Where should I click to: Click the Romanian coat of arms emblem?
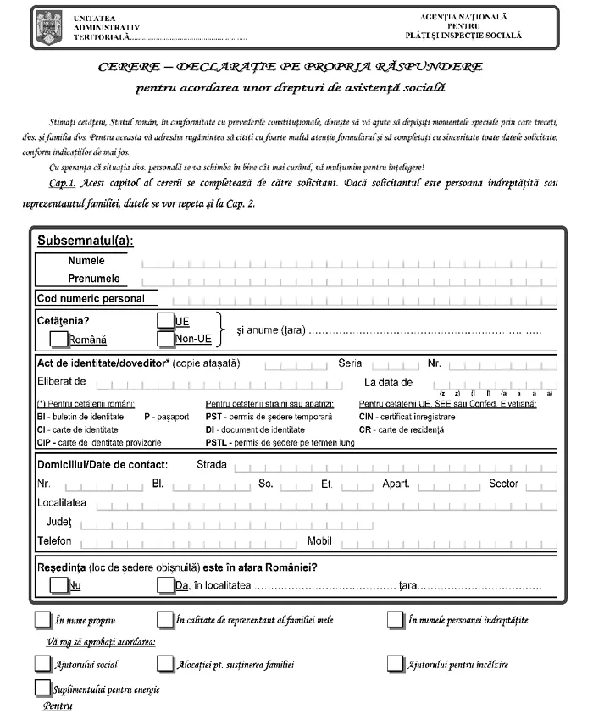tap(46, 28)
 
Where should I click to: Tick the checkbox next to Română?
tap(59, 339)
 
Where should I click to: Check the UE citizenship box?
tap(166, 321)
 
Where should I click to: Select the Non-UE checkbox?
tap(166, 339)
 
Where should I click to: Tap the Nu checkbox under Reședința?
tap(59, 584)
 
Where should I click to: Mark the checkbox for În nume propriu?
tap(42, 619)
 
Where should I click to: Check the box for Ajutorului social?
tap(42, 663)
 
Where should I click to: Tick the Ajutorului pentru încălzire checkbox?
tap(396, 663)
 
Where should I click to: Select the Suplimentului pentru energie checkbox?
tap(42, 687)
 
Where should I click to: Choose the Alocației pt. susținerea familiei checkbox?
tap(166, 663)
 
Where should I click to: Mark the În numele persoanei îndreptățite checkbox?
tap(396, 619)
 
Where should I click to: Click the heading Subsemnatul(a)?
tap(85, 241)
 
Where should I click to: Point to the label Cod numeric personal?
tap(91, 298)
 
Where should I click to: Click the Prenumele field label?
tap(94, 279)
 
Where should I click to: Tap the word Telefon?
tap(54, 540)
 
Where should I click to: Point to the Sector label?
tap(503, 484)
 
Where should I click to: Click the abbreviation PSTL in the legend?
tap(218, 443)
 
